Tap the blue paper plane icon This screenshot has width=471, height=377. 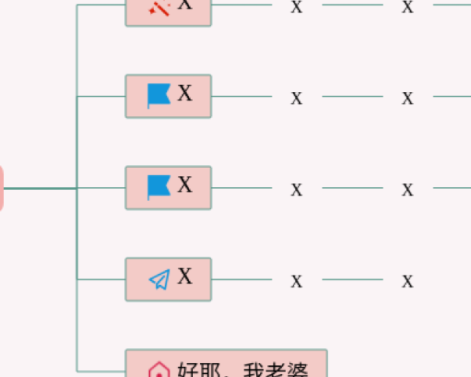pos(159,280)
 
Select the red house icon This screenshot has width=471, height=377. pos(159,370)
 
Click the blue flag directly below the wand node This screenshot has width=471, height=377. pos(159,96)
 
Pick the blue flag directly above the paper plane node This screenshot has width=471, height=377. pos(159,187)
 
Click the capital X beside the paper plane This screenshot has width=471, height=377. pos(184,276)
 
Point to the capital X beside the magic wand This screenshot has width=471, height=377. pos(184,5)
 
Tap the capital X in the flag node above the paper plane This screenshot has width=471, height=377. pos(184,185)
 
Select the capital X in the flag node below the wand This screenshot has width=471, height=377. pos(184,94)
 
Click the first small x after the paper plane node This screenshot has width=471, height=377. pos(296,280)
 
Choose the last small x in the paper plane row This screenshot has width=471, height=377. pos(407,280)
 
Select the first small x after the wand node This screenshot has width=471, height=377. pos(296,8)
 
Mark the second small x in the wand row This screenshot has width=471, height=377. pos(407,8)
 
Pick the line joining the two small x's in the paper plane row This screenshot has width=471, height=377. pos(352,279)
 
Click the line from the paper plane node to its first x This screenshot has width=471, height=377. pos(241,279)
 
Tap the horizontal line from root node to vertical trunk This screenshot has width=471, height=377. pos(39,188)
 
